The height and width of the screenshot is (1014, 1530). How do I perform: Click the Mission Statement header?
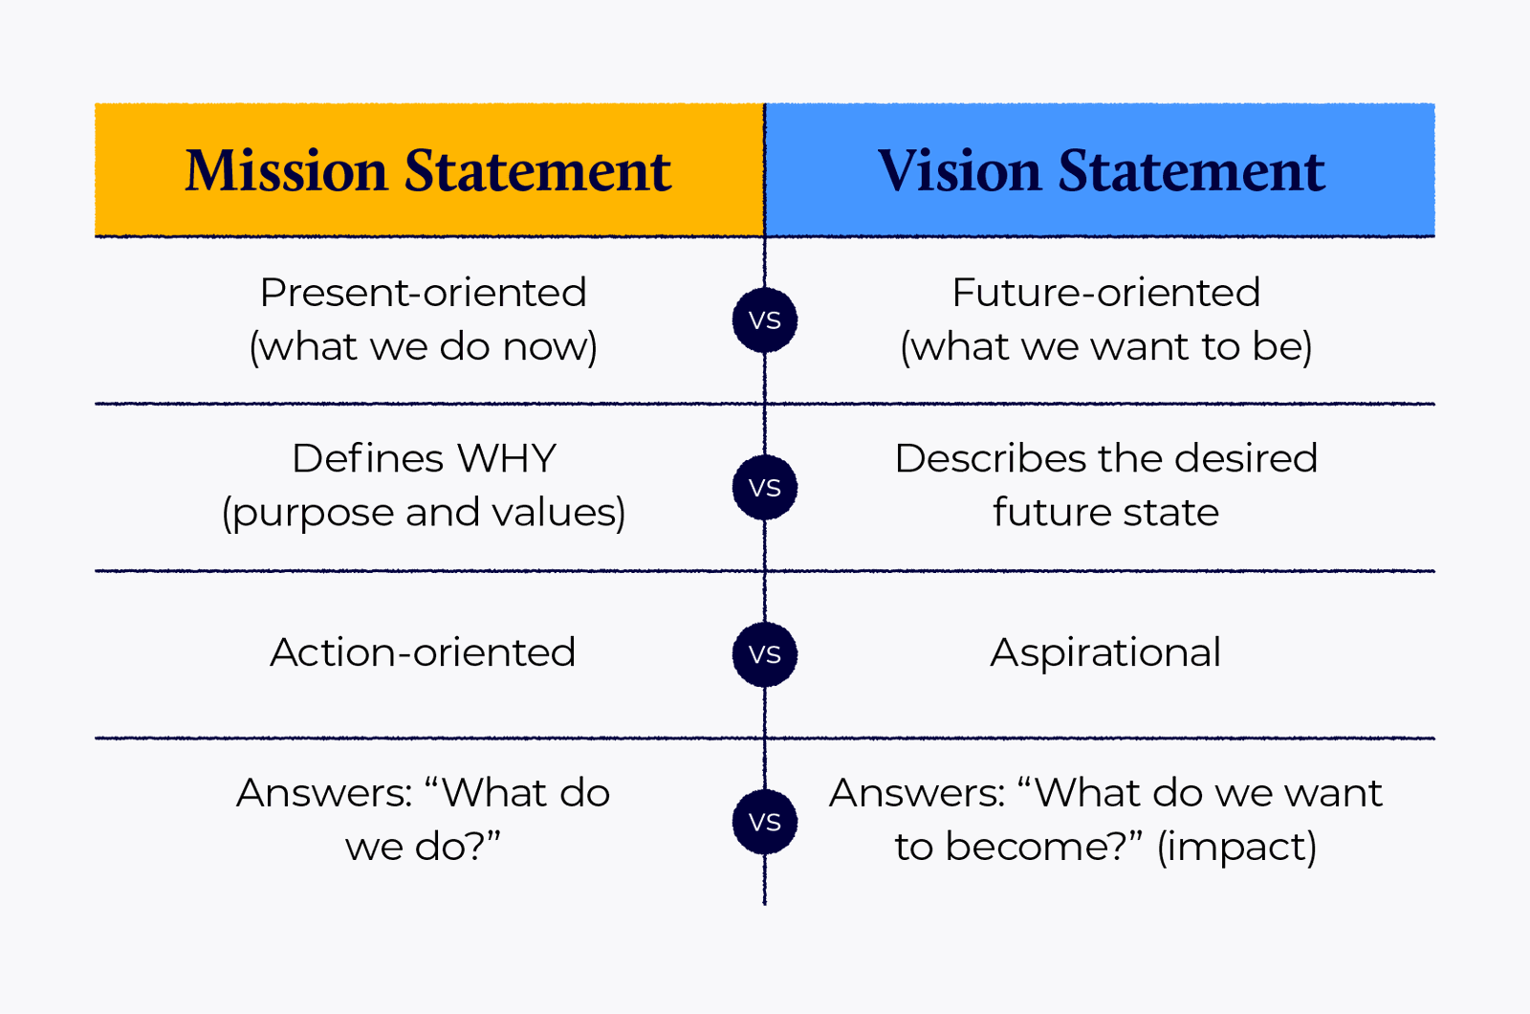[x=427, y=170]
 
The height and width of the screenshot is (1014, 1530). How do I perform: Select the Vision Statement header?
[x=1101, y=170]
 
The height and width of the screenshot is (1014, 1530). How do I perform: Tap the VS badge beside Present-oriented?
[x=765, y=320]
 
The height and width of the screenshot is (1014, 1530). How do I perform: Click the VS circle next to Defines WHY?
[x=765, y=487]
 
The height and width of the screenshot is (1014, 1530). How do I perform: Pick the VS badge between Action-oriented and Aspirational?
[x=765, y=654]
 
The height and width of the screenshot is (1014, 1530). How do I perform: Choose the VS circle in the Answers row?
[x=765, y=822]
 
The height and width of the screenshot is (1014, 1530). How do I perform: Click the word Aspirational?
[x=1105, y=652]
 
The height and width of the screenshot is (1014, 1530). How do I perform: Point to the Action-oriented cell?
[x=423, y=652]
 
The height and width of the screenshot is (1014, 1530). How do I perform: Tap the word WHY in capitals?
[x=506, y=459]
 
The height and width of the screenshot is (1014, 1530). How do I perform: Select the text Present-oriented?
[x=423, y=293]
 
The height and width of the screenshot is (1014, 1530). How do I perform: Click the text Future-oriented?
[x=1105, y=293]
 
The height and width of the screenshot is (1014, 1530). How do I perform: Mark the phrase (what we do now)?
[x=423, y=346]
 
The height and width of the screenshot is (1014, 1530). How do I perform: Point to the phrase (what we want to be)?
[x=1105, y=346]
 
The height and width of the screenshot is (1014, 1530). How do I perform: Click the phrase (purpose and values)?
[x=423, y=513]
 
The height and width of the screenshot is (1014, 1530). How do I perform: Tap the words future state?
[x=1105, y=513]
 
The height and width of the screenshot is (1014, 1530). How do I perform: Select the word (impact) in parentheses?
[x=1236, y=847]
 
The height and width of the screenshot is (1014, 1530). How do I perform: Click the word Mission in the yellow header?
[x=286, y=170]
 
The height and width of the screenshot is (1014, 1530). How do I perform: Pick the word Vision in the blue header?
[x=959, y=170]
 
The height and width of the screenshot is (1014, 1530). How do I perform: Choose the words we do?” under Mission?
[x=423, y=847]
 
